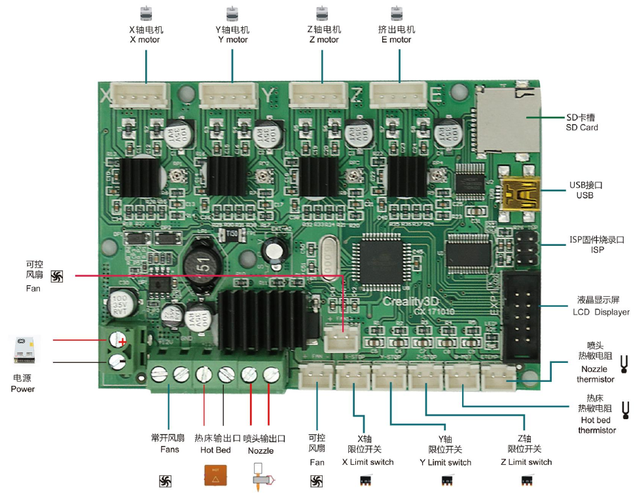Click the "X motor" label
coord(145,40)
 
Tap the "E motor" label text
coord(396,40)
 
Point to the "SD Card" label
coord(582,128)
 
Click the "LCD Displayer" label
coord(596,312)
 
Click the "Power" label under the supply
coord(23,389)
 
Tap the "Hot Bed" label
coord(215,450)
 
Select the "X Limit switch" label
coord(368,462)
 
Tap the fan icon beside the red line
coord(56,277)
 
